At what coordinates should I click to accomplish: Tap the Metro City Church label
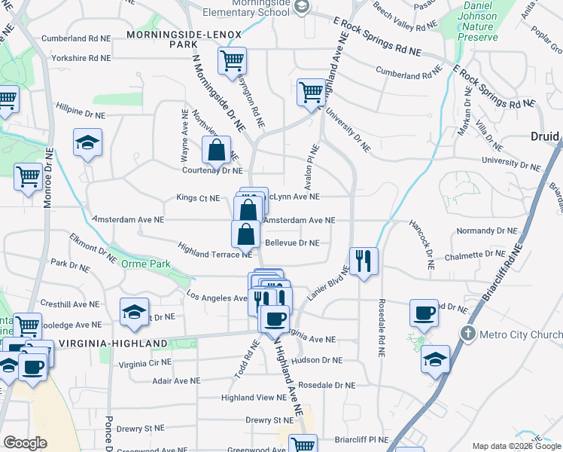pyautogui.click(x=518, y=333)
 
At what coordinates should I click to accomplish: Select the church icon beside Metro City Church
pyautogui.click(x=468, y=333)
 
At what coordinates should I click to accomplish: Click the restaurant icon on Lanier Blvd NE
pyautogui.click(x=364, y=261)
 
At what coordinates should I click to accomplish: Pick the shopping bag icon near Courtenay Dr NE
pyautogui.click(x=216, y=150)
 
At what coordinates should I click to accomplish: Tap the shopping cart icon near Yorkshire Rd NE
pyautogui.click(x=233, y=61)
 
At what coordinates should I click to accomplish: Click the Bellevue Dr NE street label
pyautogui.click(x=293, y=243)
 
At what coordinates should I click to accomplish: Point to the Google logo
pyautogui.click(x=25, y=444)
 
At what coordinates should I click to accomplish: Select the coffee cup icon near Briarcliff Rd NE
pyautogui.click(x=425, y=313)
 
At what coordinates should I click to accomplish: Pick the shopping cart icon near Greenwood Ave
pyautogui.click(x=303, y=444)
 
